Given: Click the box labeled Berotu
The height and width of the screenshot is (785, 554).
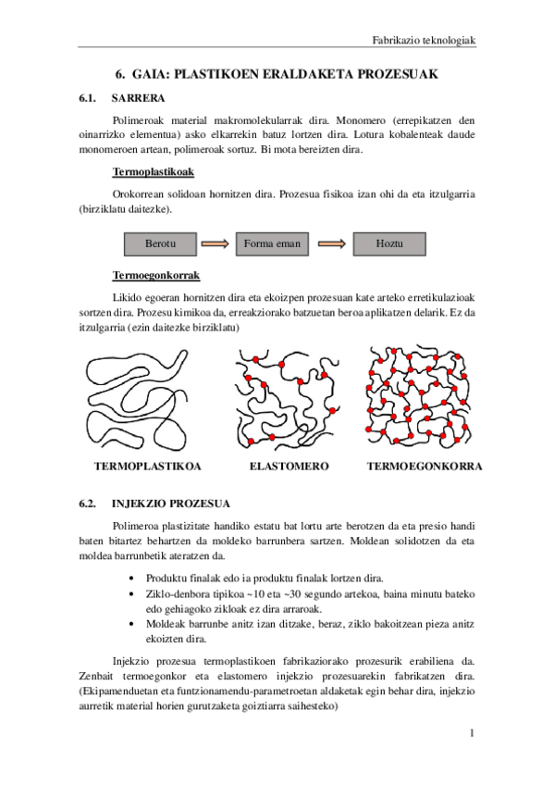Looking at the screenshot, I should (160, 243).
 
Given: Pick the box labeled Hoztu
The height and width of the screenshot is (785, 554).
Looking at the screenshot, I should (390, 243).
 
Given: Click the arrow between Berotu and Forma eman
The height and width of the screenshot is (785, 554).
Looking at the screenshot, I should (215, 243).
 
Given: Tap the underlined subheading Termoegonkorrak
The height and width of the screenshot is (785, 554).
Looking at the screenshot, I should (155, 276).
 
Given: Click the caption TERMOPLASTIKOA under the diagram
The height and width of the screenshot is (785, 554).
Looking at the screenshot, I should (148, 467).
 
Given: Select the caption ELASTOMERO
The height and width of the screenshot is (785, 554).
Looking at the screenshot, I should (289, 467).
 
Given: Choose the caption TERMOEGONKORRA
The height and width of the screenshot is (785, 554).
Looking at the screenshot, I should (425, 467).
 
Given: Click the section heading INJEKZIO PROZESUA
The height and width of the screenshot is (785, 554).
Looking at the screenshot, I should (171, 505).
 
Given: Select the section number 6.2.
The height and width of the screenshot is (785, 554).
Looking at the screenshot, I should (89, 505).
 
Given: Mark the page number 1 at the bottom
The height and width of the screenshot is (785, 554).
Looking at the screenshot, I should (472, 734).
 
